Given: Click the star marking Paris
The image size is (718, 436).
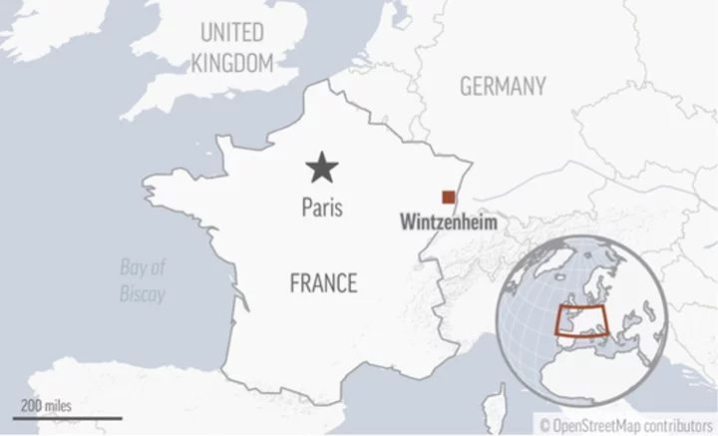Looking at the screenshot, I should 322,168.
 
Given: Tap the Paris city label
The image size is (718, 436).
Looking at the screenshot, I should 322,209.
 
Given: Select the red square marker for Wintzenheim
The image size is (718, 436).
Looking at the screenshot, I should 450,197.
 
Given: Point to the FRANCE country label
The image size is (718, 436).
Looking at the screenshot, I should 322,283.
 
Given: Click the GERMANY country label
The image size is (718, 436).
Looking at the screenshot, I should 503,87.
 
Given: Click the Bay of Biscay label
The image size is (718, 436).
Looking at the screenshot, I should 143,280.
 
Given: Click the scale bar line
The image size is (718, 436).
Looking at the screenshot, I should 68,418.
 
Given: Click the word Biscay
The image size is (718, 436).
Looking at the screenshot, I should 143,294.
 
